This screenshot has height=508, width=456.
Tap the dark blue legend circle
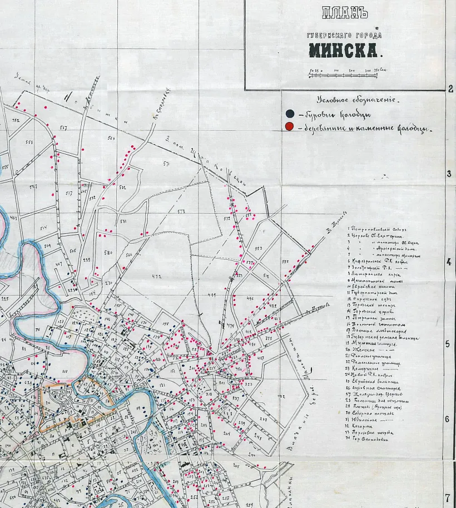click(x=290, y=114)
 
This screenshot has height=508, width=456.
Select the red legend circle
click(x=289, y=127)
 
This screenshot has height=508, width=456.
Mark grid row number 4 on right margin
click(x=449, y=261)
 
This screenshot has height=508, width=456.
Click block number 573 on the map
click(x=181, y=211)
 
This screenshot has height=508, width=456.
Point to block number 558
click(x=29, y=142)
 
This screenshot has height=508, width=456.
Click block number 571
click(x=166, y=164)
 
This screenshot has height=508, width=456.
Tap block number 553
click(x=258, y=249)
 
